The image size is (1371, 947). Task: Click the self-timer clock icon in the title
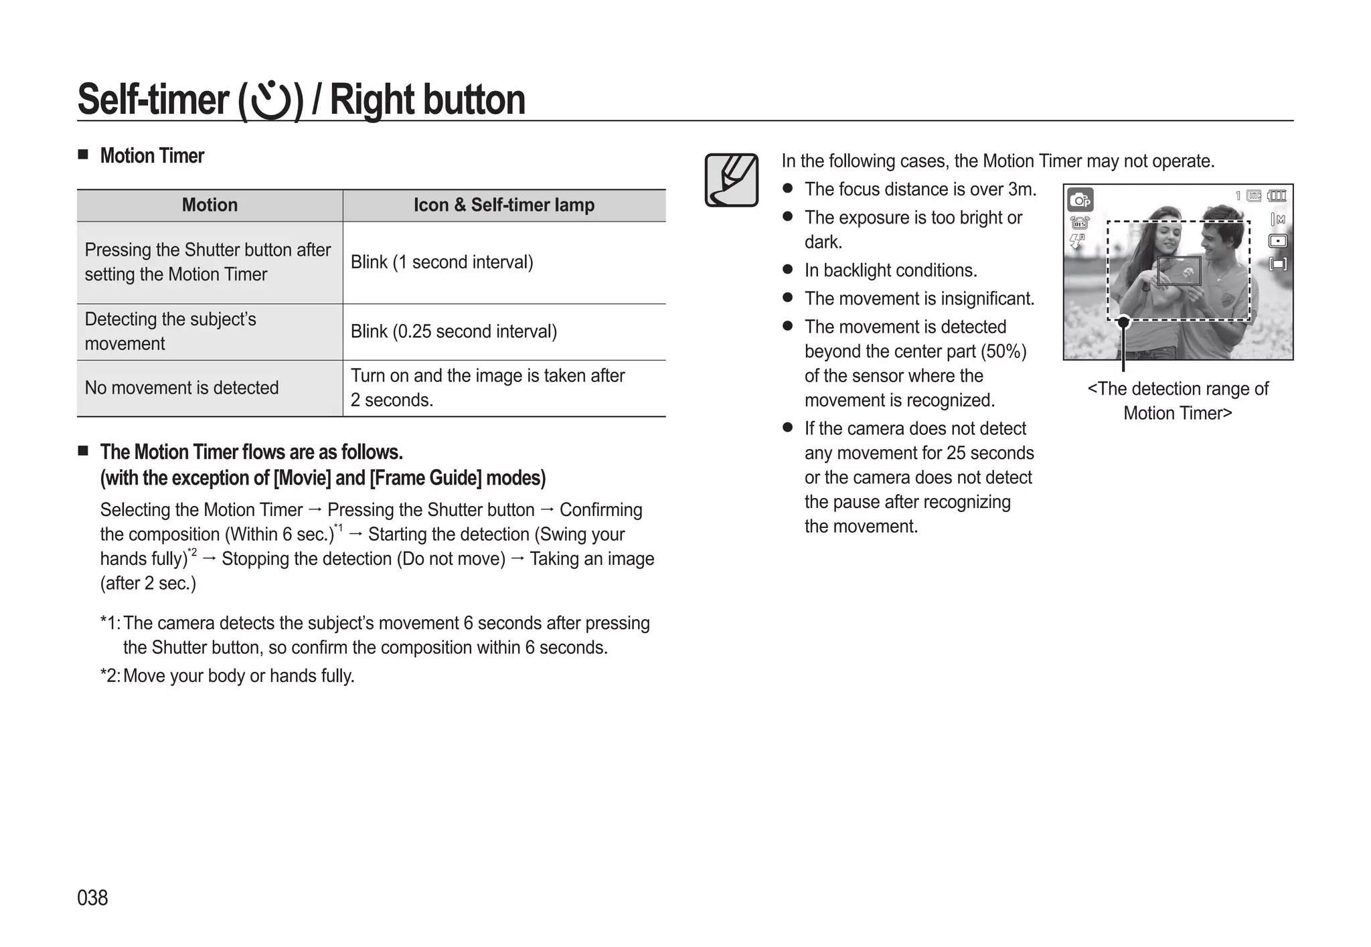point(270,101)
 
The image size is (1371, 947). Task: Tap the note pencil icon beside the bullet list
point(731,180)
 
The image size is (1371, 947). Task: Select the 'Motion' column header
point(210,205)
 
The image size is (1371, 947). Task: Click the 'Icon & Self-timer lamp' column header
point(503,205)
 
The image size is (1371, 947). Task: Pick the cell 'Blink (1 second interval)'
point(442,262)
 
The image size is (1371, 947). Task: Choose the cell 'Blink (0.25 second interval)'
point(453,332)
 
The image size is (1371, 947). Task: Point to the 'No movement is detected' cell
point(181,388)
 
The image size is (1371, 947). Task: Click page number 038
point(92,897)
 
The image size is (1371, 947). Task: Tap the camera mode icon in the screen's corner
point(1080,199)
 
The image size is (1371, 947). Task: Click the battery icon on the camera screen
point(1277,196)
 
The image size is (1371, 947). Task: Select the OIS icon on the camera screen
point(1079,223)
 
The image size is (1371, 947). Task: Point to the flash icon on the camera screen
point(1076,241)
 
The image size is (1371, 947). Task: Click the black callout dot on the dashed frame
point(1123,323)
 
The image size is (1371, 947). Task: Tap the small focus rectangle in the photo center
point(1179,271)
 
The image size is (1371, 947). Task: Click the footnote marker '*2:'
point(110,676)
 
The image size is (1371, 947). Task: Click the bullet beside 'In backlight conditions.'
point(788,270)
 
